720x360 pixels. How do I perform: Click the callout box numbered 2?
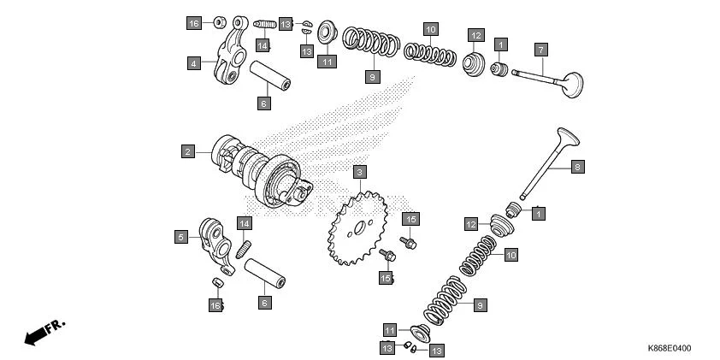[x=186, y=151]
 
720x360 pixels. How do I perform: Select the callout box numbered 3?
[x=360, y=172]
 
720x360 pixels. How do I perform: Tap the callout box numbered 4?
[x=194, y=62]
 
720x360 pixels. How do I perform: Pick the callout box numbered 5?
[x=181, y=237]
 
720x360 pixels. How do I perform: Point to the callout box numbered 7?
[x=540, y=49]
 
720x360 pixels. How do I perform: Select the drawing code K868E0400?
[x=669, y=349]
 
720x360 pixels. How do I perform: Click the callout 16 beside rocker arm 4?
[x=194, y=23]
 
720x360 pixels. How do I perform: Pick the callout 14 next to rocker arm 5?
[x=245, y=223]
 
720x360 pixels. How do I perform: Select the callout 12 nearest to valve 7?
[x=475, y=35]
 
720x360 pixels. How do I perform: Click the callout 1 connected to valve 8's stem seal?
[x=538, y=212]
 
